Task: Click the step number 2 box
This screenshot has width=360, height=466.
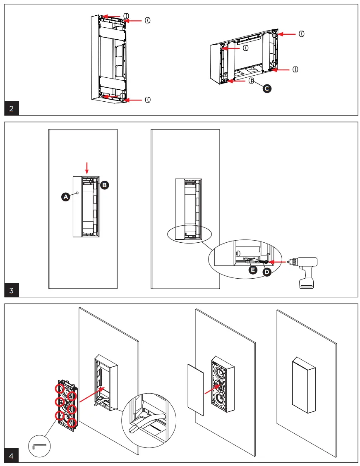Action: click(12, 109)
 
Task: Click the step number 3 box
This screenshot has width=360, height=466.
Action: click(12, 290)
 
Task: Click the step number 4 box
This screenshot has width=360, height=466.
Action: click(12, 456)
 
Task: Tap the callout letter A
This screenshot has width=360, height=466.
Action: click(65, 198)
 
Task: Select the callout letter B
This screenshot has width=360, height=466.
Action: click(105, 185)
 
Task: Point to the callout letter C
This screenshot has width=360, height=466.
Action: click(267, 88)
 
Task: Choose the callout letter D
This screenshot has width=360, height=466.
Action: click(267, 272)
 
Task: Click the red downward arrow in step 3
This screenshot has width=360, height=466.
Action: click(87, 168)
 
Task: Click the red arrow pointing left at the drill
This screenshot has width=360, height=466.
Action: click(276, 262)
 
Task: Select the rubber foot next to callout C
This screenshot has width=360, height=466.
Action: click(251, 81)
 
